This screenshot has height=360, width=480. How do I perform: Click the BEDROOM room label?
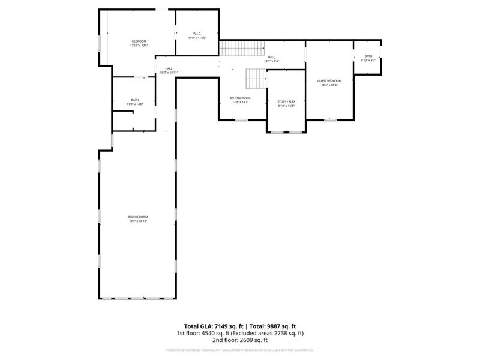coord(139,41)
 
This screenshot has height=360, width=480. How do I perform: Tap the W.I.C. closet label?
coord(197,34)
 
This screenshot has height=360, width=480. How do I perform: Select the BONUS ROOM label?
coord(138,217)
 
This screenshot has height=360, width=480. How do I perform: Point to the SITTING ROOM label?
coord(240,98)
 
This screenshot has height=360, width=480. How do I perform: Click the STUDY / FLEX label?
coord(286,102)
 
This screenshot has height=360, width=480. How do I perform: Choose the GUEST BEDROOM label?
coord(329,81)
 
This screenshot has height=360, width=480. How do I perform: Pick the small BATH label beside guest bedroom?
coord(368,56)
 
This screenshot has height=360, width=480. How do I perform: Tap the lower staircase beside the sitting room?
coord(256,77)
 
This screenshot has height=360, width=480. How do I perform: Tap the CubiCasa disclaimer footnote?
coord(240,350)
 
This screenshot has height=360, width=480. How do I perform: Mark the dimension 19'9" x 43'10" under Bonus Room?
coord(138,221)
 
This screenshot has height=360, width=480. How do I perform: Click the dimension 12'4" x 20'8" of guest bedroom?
coord(329,85)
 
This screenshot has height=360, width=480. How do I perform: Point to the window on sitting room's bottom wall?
coord(242,120)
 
